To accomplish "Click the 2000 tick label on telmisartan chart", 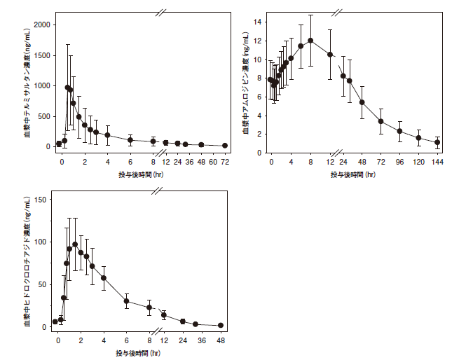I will click(x=42, y=24).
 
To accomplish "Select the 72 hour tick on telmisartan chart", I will click(x=225, y=162).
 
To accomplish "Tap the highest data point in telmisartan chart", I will click(x=67, y=88).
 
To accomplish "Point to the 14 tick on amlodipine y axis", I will click(x=258, y=22).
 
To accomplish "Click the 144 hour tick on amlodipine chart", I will click(x=437, y=162).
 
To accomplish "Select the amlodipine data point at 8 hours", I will click(x=310, y=41).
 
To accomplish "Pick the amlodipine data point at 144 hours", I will click(x=437, y=142).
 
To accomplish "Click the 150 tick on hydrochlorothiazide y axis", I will click(x=41, y=200).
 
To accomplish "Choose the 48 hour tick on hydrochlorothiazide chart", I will click(x=221, y=340).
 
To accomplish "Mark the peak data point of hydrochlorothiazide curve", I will click(x=75, y=244).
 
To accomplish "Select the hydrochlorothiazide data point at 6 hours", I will click(x=127, y=301).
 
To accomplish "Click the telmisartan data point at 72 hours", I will click(x=225, y=146).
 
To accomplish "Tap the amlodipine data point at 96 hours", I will click(x=399, y=131).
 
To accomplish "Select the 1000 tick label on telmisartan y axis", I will click(x=42, y=85).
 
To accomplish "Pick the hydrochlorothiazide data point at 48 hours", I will click(x=221, y=325).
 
